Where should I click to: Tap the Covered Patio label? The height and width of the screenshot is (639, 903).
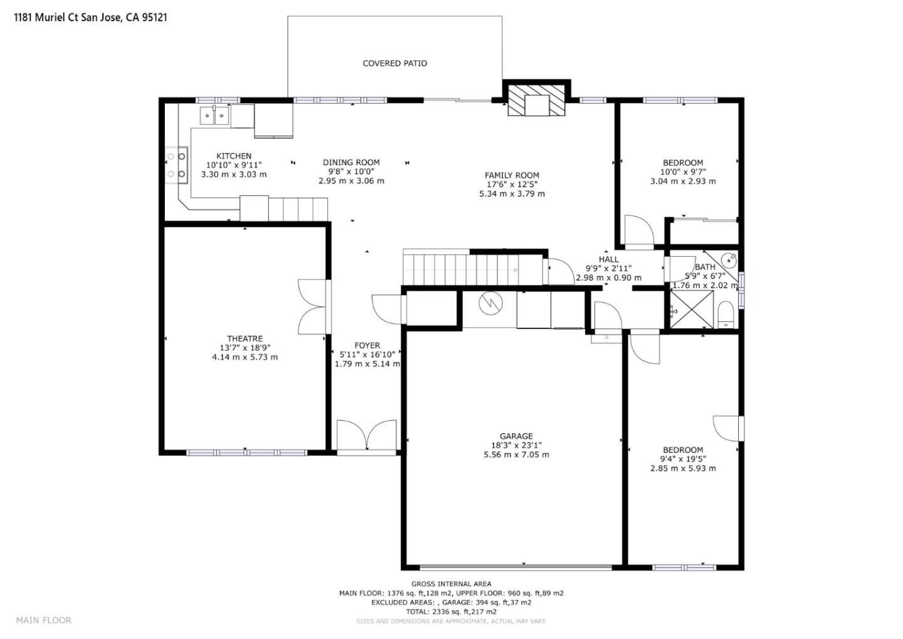click(394, 63)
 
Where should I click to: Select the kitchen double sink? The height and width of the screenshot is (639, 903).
click(214, 116)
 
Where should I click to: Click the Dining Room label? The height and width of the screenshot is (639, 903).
click(351, 163)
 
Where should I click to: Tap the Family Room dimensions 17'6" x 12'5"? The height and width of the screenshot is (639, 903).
click(512, 185)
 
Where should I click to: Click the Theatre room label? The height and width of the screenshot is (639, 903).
click(245, 339)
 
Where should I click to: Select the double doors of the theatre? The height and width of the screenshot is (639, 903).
click(312, 306)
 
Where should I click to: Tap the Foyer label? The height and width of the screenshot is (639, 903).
click(367, 346)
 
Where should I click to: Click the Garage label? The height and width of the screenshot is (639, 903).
click(516, 436)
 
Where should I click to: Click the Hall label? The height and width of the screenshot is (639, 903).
click(608, 259)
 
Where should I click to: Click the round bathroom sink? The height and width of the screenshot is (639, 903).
click(729, 259)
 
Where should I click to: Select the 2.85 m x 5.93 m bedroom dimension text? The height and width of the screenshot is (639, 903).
click(683, 468)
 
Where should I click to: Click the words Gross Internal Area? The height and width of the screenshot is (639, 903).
click(451, 584)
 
